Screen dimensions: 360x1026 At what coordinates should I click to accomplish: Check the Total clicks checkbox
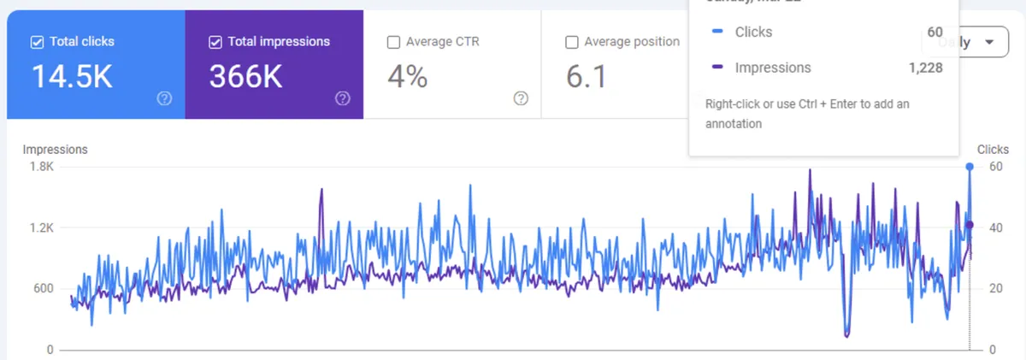tap(37, 41)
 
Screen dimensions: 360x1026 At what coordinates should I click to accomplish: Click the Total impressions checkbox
tap(215, 41)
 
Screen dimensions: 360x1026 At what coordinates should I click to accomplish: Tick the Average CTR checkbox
tap(393, 41)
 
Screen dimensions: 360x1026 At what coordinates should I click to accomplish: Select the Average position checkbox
tap(571, 41)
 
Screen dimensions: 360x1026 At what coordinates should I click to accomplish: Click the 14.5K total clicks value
tap(72, 77)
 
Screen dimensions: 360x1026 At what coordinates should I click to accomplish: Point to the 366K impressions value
tap(245, 77)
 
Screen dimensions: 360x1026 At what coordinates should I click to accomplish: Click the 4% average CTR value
tap(407, 77)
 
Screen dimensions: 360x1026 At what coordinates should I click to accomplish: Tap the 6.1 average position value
tap(587, 77)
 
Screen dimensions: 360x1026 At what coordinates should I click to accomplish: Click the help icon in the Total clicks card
tap(165, 98)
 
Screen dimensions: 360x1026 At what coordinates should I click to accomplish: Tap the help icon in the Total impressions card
tap(343, 98)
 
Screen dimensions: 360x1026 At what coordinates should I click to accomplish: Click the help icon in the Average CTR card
tap(521, 98)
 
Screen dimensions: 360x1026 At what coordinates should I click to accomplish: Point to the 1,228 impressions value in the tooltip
tap(926, 68)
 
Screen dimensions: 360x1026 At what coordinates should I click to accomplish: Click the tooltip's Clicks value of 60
tap(935, 32)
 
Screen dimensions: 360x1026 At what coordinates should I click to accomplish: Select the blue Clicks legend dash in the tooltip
tap(717, 32)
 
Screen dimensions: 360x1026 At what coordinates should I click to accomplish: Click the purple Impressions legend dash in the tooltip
tap(717, 68)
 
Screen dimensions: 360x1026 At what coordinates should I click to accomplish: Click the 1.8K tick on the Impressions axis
tap(42, 167)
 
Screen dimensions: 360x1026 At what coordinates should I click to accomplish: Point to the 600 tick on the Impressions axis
tap(44, 288)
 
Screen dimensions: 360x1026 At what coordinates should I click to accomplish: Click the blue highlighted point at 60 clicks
tap(970, 167)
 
